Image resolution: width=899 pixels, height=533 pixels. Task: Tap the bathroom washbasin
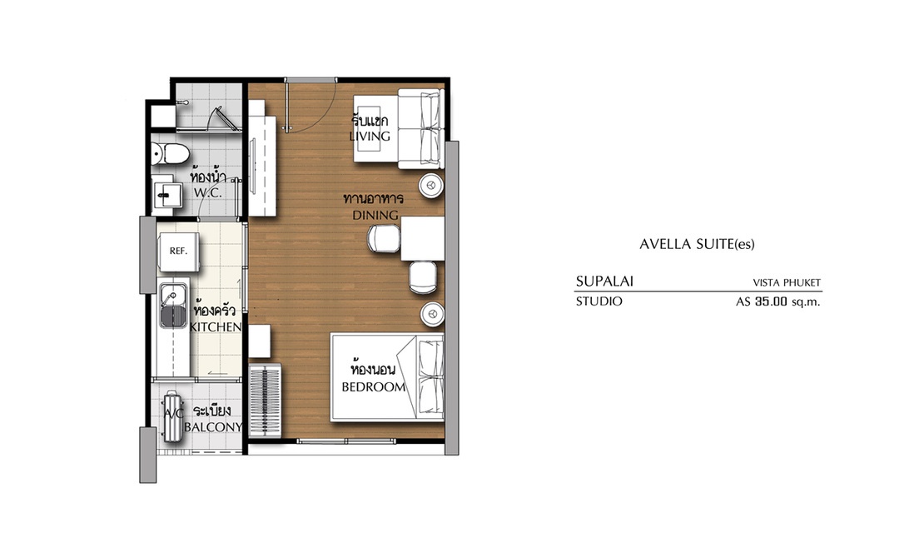[166, 195]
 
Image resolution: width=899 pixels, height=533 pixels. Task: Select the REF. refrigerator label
[178, 251]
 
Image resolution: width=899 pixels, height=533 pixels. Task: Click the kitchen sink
[174, 306]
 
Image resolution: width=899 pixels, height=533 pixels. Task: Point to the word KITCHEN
[216, 327]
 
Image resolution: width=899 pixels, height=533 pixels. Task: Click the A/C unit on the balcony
[172, 416]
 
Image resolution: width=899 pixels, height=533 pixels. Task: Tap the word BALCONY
[213, 427]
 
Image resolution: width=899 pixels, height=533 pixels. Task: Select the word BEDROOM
[374, 387]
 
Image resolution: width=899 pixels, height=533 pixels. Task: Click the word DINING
[375, 215]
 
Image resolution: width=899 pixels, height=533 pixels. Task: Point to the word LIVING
[370, 136]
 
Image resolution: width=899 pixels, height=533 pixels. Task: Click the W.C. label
[207, 192]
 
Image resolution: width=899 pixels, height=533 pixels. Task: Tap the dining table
[423, 239]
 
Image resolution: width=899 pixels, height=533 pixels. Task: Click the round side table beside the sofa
[431, 186]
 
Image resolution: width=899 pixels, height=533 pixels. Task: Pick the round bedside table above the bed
[432, 314]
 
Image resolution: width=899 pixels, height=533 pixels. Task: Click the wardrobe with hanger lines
[266, 401]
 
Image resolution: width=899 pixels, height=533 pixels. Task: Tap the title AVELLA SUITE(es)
[698, 244]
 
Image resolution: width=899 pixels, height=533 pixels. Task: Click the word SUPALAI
[604, 281]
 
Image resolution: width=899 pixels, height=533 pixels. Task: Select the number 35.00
[771, 301]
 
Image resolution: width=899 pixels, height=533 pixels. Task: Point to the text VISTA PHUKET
[787, 283]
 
